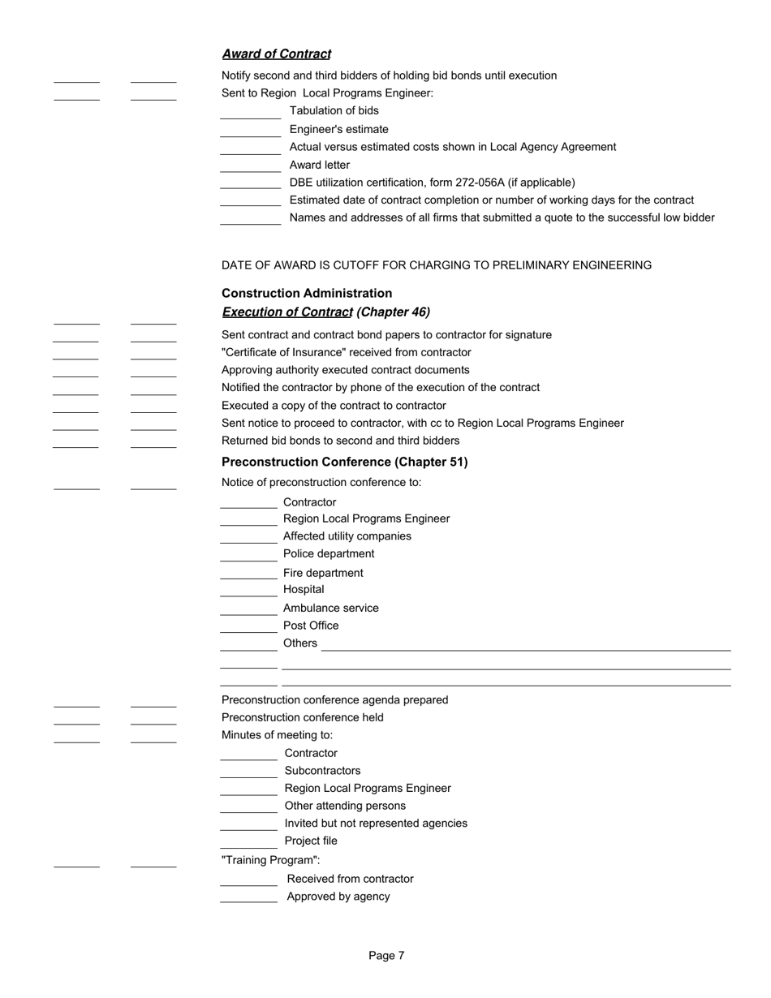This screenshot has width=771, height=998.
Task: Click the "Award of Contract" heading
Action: pyautogui.click(x=276, y=54)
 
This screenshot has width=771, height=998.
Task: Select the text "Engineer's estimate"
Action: pyautogui.click(x=338, y=129)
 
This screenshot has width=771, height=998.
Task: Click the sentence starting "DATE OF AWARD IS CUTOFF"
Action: pyautogui.click(x=436, y=265)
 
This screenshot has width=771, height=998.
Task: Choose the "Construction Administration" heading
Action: pyautogui.click(x=306, y=294)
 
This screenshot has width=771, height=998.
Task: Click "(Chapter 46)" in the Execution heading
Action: pyautogui.click(x=393, y=312)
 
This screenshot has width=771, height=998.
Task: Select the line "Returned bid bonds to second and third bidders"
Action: pyautogui.click(x=340, y=441)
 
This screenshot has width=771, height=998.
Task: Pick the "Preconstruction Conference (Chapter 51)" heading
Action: pyautogui.click(x=344, y=462)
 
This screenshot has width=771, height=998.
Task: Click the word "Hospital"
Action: pyautogui.click(x=304, y=590)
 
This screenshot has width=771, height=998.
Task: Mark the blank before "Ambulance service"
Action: pyautogui.click(x=248, y=613)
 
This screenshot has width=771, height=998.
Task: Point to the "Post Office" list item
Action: pyautogui.click(x=311, y=626)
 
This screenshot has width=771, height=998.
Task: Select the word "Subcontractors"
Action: pyautogui.click(x=322, y=771)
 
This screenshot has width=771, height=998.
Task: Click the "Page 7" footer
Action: pyautogui.click(x=386, y=956)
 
